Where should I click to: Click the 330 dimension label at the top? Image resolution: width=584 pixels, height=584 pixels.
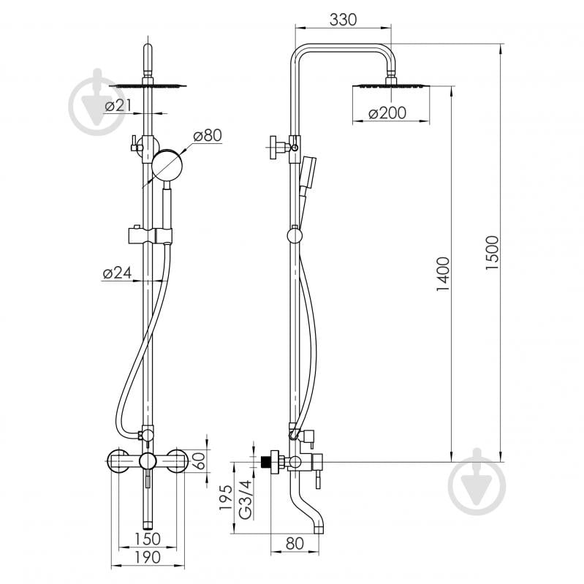pos(343,20)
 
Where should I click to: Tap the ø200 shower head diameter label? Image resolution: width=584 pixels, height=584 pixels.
pos(387,113)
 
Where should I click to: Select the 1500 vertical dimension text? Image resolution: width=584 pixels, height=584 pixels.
pos(492,252)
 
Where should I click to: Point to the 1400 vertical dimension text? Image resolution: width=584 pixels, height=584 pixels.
pos(443,274)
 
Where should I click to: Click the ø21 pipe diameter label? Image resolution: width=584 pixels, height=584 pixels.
pos(118,106)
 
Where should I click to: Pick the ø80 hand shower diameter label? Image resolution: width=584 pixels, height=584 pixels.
pos(208,135)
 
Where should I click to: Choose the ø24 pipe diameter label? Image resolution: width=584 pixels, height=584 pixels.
pos(118,273)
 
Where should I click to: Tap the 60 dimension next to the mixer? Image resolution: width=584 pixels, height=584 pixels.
pos(200,460)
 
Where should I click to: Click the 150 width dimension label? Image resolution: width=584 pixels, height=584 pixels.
pos(147,539)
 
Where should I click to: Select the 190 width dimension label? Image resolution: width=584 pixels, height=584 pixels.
pos(147,557)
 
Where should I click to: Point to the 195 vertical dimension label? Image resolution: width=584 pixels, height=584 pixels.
pos(226,498)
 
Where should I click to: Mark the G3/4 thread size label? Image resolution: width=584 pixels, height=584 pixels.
pos(246,499)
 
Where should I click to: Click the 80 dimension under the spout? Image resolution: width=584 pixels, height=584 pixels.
pos(295,543)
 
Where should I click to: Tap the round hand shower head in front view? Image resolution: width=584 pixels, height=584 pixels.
pos(167,164)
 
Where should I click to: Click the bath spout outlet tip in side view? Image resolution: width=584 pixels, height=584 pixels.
pos(318,529)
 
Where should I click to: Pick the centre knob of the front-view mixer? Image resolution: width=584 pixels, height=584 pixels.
pos(148,462)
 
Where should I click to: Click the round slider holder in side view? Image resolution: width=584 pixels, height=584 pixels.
pos(295,236)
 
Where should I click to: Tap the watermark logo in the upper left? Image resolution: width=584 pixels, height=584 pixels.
pos(98,102)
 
